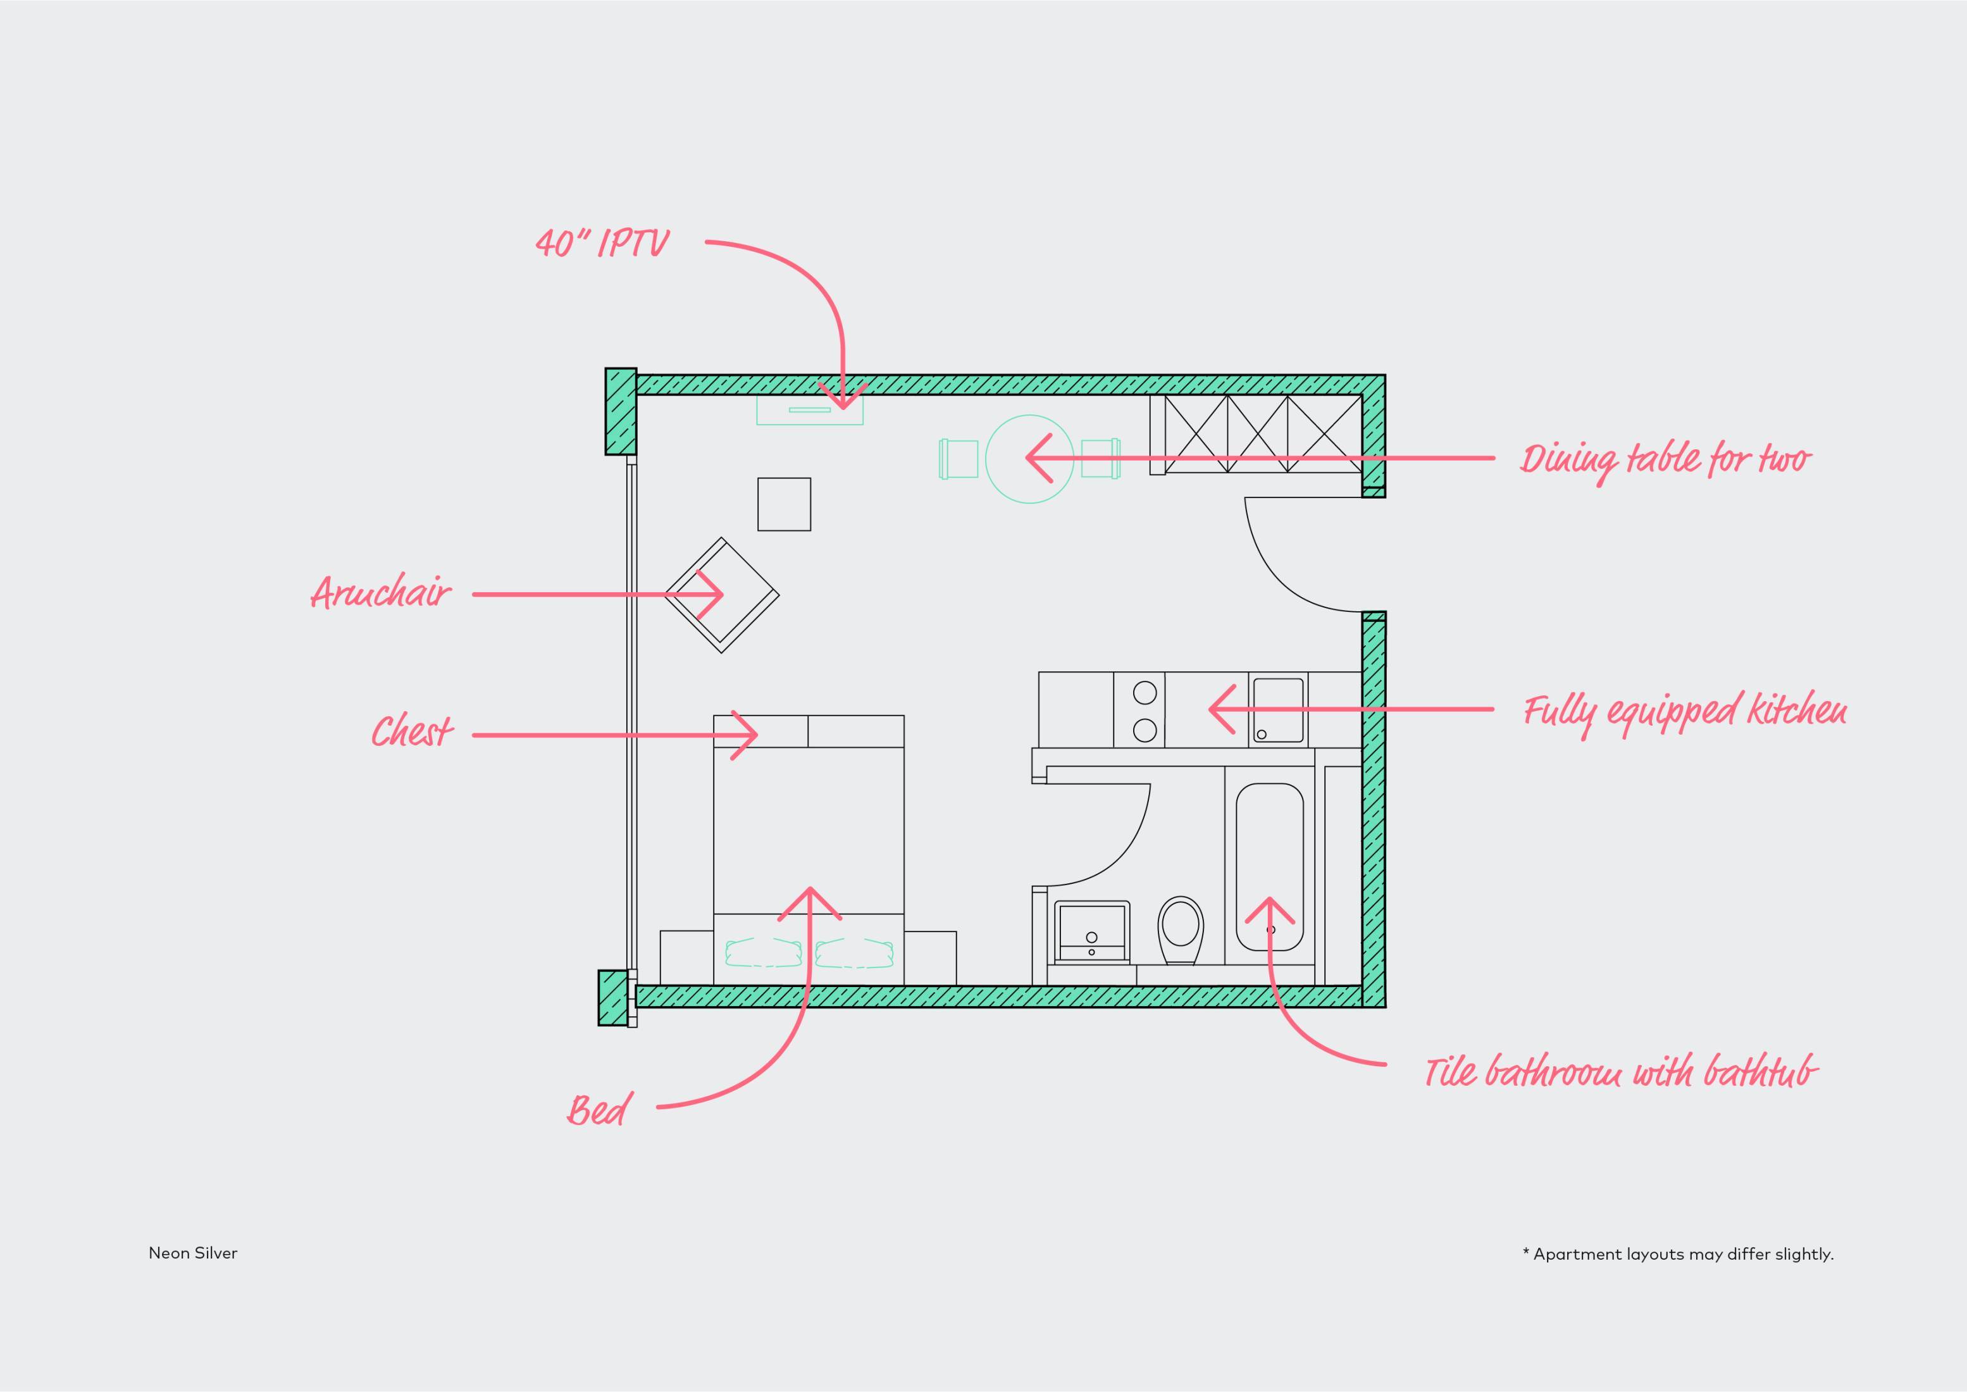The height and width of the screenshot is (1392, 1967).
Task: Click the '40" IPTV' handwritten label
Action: click(x=602, y=244)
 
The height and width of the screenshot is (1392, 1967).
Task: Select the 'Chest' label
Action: click(x=411, y=731)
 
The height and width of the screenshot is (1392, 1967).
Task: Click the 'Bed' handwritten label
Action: click(x=599, y=1109)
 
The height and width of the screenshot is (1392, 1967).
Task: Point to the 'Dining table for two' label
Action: click(x=1665, y=461)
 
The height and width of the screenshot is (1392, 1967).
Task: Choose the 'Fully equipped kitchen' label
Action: click(x=1685, y=713)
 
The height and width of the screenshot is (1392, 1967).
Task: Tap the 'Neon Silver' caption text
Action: click(x=193, y=1253)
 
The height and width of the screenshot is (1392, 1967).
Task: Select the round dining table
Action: click(x=1029, y=459)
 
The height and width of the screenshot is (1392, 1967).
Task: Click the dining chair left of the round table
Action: click(x=959, y=459)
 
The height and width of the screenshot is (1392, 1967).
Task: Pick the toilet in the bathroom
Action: click(x=1180, y=931)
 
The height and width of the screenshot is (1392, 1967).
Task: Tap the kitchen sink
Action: click(x=1278, y=711)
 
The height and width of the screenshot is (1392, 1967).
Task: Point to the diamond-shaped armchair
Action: click(x=722, y=596)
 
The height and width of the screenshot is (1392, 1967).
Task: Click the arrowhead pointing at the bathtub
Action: click(x=1269, y=910)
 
